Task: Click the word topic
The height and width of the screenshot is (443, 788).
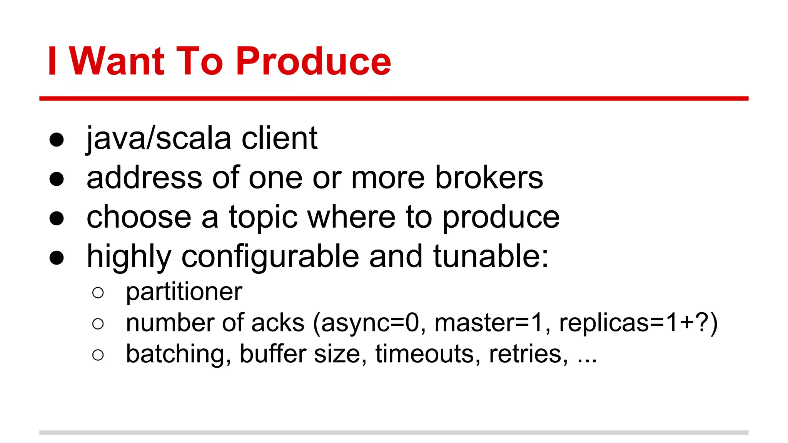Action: [x=263, y=218]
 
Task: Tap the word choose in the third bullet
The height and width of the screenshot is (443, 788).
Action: [x=139, y=218]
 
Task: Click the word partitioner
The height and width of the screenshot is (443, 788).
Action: [x=184, y=292]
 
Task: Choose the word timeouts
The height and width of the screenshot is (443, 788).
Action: [x=427, y=354]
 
